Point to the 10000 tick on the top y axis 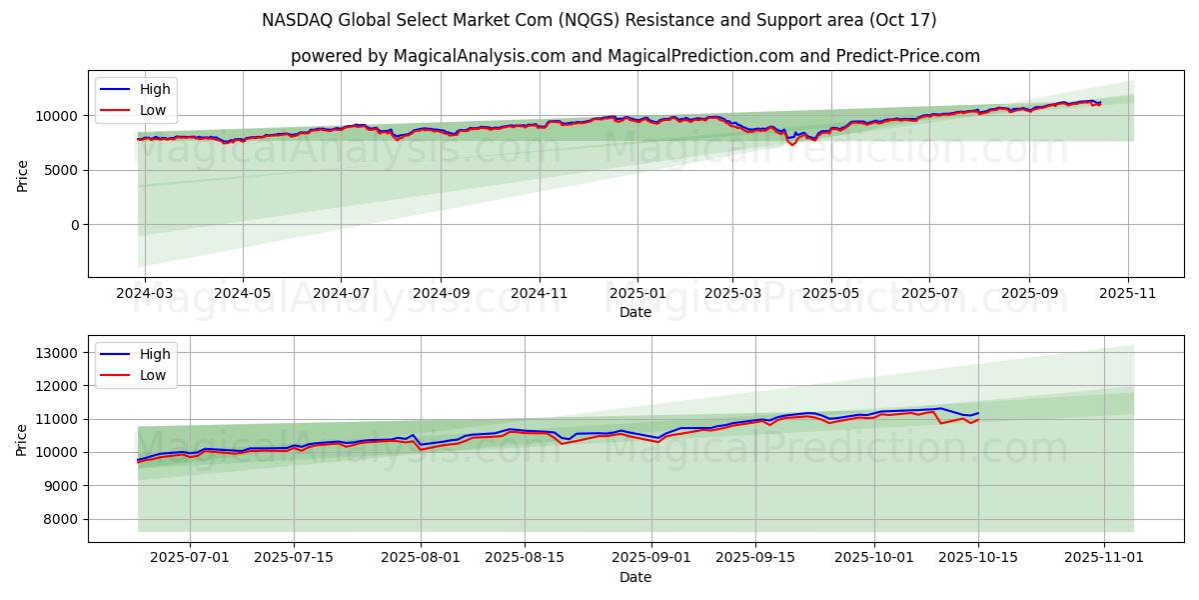(60, 116)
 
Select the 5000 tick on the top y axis (64, 171)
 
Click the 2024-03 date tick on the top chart (145, 294)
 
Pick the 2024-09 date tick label (441, 294)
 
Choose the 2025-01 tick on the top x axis (636, 294)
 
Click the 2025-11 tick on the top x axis (1128, 294)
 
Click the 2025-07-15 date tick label (294, 558)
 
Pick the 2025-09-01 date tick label (651, 558)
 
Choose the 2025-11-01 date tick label (1104, 558)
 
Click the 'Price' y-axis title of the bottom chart (23, 439)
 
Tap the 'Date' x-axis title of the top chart (635, 312)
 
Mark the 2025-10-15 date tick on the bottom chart (978, 558)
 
